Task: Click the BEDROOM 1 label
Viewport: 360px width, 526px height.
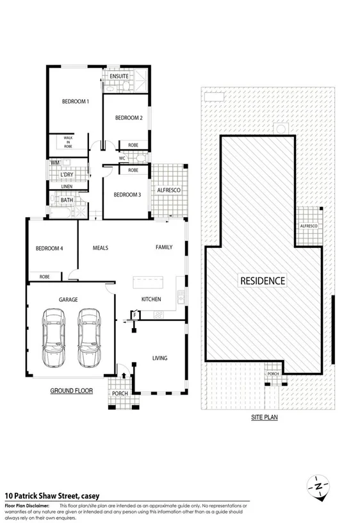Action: click(x=75, y=101)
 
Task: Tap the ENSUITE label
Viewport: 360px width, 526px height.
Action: click(x=119, y=76)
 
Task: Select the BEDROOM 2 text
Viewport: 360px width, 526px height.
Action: click(x=128, y=118)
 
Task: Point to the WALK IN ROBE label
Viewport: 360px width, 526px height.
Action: click(x=68, y=142)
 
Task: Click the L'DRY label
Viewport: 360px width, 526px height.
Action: click(x=66, y=175)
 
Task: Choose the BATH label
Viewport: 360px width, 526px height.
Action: click(x=67, y=200)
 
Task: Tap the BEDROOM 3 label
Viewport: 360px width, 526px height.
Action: click(x=127, y=195)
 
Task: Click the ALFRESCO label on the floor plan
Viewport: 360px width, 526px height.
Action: click(x=169, y=190)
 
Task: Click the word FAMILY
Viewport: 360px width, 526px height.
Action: click(x=163, y=247)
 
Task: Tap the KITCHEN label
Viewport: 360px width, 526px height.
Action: click(x=151, y=299)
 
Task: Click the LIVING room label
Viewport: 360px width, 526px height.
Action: click(x=160, y=358)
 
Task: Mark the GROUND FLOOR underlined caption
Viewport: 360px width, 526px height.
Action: click(x=71, y=390)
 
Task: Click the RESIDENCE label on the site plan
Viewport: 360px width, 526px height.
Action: click(x=263, y=281)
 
